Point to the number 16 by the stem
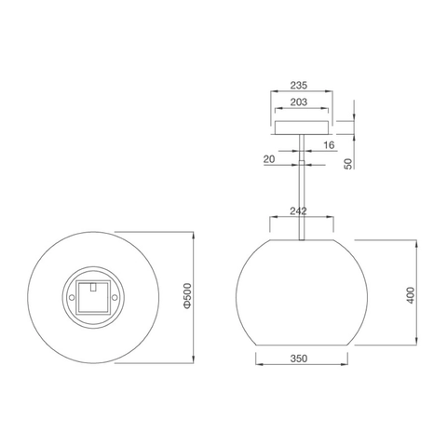329,145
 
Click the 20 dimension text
268,159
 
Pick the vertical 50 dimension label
347,164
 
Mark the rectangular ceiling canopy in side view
301,128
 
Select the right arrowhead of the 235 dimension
332,91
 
